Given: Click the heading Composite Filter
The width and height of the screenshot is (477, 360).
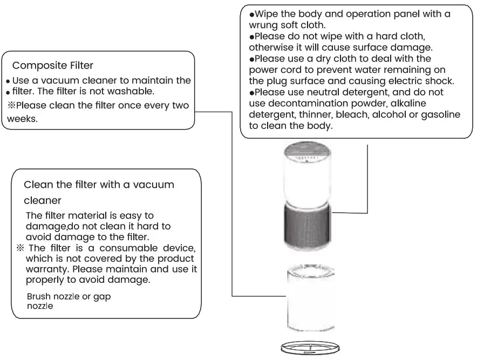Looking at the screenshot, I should pos(53,66).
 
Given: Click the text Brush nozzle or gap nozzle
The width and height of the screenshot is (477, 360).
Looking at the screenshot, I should pos(69,301).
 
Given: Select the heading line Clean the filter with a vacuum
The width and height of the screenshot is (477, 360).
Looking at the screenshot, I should pos(99,185).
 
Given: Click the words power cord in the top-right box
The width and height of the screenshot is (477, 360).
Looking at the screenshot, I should pos(270,70).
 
